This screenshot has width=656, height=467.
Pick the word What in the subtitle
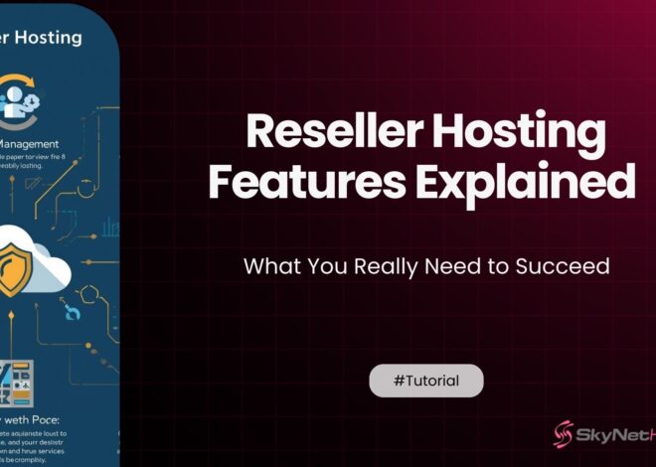268,266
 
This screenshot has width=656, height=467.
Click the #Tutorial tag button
426,381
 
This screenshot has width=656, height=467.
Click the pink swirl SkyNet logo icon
565,435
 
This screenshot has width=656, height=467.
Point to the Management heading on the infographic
38,142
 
